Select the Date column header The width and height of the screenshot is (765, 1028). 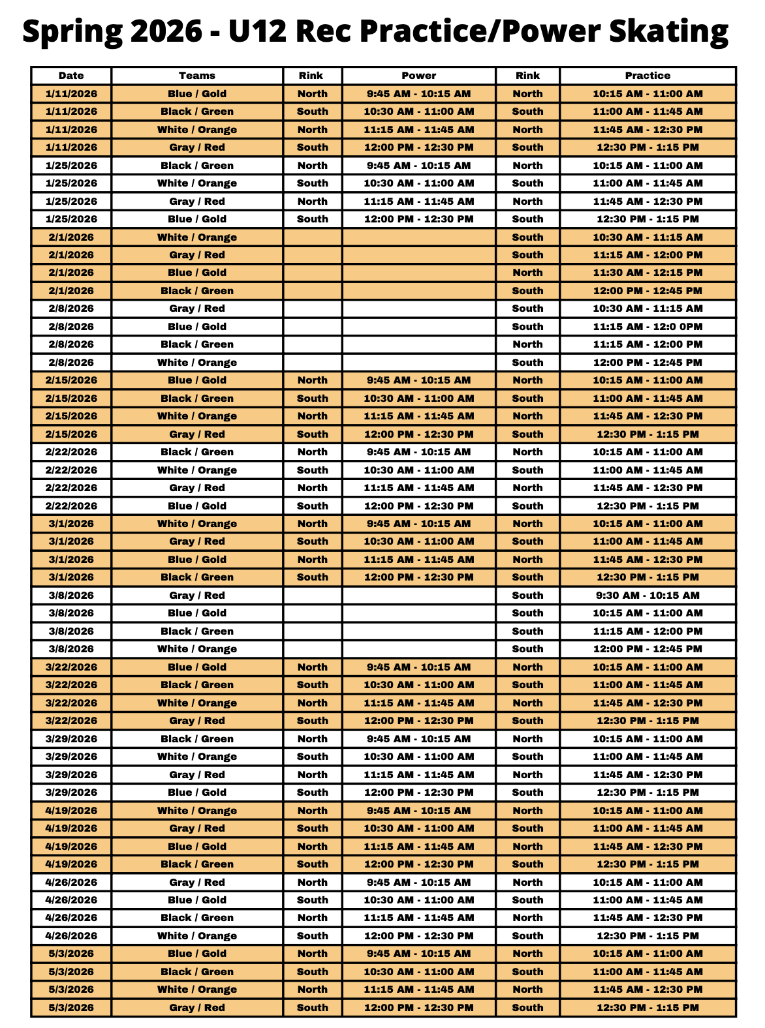coord(71,76)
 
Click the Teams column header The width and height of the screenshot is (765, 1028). coord(197,76)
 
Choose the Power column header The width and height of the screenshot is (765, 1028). coord(418,76)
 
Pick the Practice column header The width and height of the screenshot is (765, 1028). coord(648,76)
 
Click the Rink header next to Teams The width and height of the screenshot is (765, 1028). coord(311,76)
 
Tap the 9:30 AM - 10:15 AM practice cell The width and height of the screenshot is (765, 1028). coord(648,595)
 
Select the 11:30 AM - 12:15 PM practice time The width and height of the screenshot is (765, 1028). coord(648,273)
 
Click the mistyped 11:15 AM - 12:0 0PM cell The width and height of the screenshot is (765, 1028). coord(648,326)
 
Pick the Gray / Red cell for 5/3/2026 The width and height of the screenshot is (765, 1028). coord(197,1007)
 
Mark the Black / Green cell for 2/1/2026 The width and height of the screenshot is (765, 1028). coord(197,290)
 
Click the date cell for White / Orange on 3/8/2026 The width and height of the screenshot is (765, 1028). coord(71,648)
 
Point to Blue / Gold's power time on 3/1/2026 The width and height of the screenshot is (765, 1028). coord(418,559)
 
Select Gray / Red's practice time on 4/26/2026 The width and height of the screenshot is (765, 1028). coord(648,882)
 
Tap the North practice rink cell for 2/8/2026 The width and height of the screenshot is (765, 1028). coord(527,344)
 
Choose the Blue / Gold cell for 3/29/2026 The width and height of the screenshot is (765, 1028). coord(197,792)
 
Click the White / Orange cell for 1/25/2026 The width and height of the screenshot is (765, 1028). coord(197,183)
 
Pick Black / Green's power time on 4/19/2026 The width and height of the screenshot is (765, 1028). coord(418,864)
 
